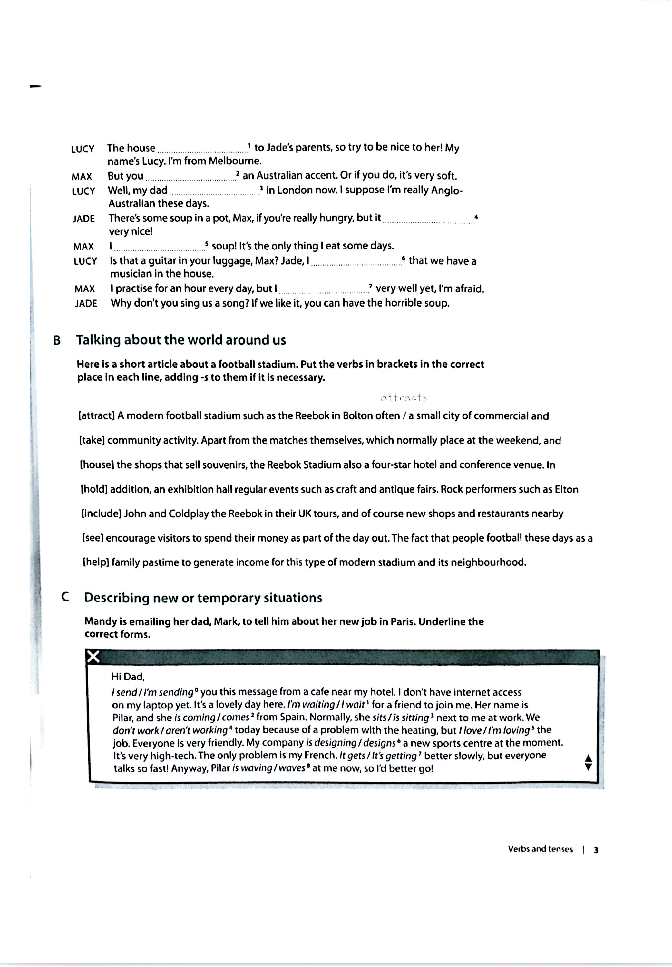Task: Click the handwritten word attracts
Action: coord(404,397)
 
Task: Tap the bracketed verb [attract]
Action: coord(97,416)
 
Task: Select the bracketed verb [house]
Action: coord(97,465)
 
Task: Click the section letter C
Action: coord(65,597)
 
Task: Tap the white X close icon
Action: coord(93,657)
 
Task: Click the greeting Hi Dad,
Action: coord(128,677)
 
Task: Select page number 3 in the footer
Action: coord(596,850)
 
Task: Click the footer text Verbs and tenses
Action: coord(540,849)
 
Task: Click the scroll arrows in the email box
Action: coord(589,762)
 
